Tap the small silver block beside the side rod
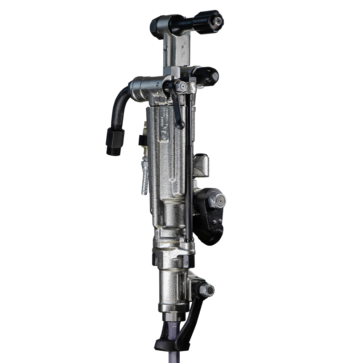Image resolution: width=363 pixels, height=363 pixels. point(201,165)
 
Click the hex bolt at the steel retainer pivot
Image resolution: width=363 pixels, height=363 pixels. point(207,289)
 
